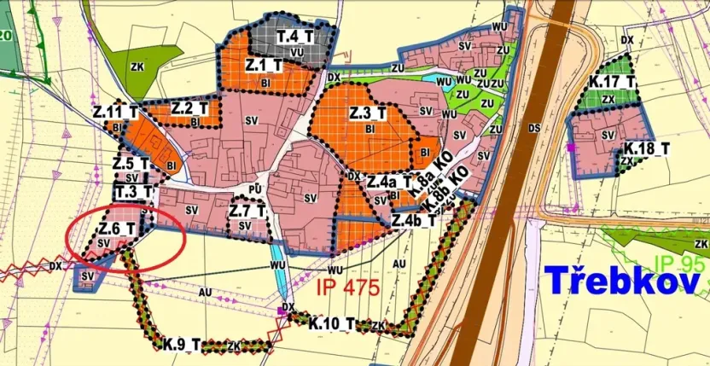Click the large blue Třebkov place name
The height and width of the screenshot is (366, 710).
click(621, 280)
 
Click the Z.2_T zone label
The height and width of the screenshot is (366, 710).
click(189, 108)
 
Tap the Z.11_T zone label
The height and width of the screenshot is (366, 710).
click(116, 112)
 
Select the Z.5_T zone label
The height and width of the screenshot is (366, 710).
click(131, 163)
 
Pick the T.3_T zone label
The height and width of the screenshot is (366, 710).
click(133, 190)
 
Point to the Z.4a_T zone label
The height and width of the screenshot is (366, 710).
click(390, 182)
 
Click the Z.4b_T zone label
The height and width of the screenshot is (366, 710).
click(414, 220)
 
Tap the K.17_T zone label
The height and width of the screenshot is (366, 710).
click(612, 82)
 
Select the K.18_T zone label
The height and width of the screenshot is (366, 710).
click(646, 148)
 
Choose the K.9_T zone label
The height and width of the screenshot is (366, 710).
click(183, 345)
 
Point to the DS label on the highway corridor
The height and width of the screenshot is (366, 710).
click(534, 128)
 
